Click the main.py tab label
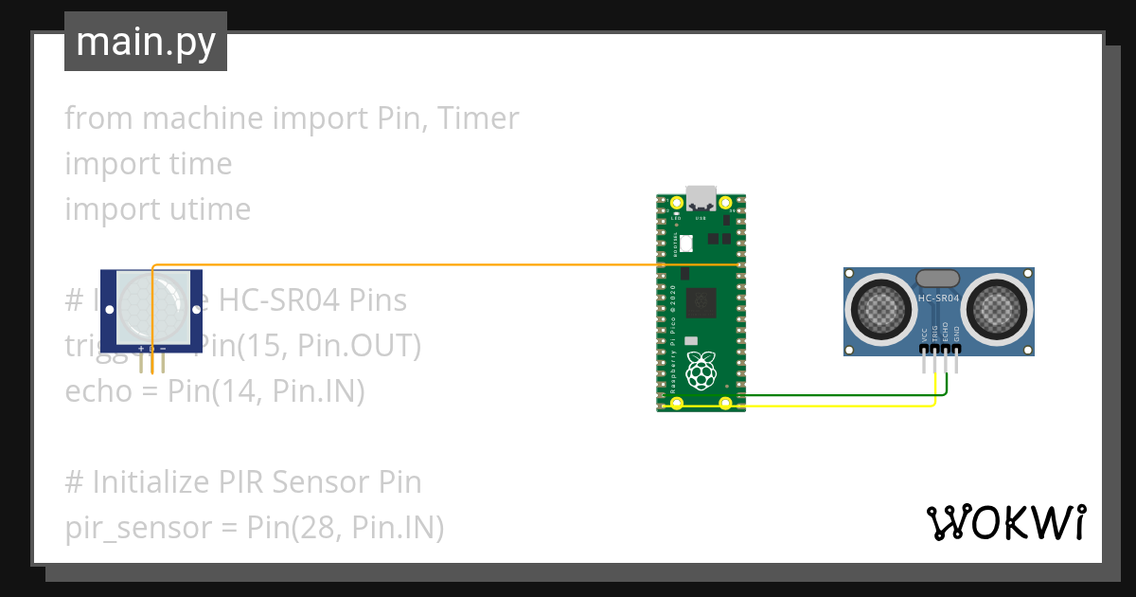[146, 42]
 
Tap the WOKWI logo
[1004, 523]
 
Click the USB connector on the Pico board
[701, 198]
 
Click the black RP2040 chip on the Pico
[701, 302]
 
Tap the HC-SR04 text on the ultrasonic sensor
[938, 298]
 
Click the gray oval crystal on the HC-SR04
[938, 278]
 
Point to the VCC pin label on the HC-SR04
[924, 335]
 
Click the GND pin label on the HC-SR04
[956, 335]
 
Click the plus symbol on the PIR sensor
[141, 349]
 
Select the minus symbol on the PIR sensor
[163, 349]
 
